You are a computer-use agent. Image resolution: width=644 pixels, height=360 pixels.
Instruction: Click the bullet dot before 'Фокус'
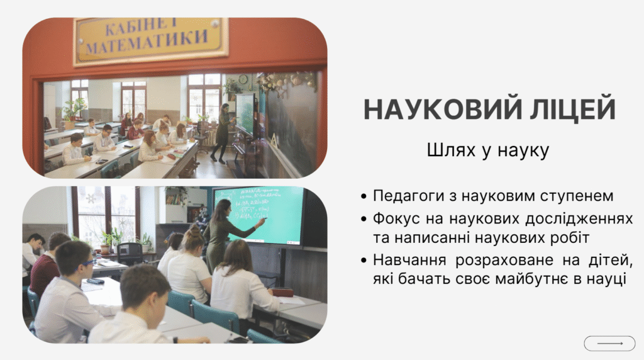click(365, 219)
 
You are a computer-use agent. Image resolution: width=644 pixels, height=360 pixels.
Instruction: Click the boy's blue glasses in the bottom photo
click(88, 262)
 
